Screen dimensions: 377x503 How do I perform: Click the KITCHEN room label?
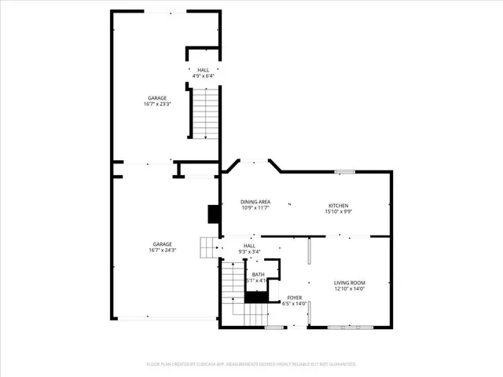click(x=339, y=205)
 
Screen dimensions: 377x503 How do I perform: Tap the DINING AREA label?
click(x=255, y=202)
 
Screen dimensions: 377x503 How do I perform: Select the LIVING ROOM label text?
click(x=349, y=283)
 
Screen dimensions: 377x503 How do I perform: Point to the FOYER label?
click(x=294, y=298)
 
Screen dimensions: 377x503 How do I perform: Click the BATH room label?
click(x=258, y=274)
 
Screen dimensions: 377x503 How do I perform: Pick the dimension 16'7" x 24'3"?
click(x=162, y=250)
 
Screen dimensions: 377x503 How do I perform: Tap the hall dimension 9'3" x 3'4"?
click(x=249, y=252)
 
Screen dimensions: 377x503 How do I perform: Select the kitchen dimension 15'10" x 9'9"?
click(x=339, y=211)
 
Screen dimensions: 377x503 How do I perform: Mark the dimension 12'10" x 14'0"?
click(x=349, y=289)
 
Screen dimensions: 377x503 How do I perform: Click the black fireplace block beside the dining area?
click(x=212, y=214)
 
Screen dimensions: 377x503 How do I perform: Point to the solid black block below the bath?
click(x=255, y=297)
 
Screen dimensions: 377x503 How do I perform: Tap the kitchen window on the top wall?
click(x=344, y=170)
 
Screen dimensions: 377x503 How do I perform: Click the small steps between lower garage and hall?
click(x=207, y=247)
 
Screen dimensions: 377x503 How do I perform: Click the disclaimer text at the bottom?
click(x=251, y=364)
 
